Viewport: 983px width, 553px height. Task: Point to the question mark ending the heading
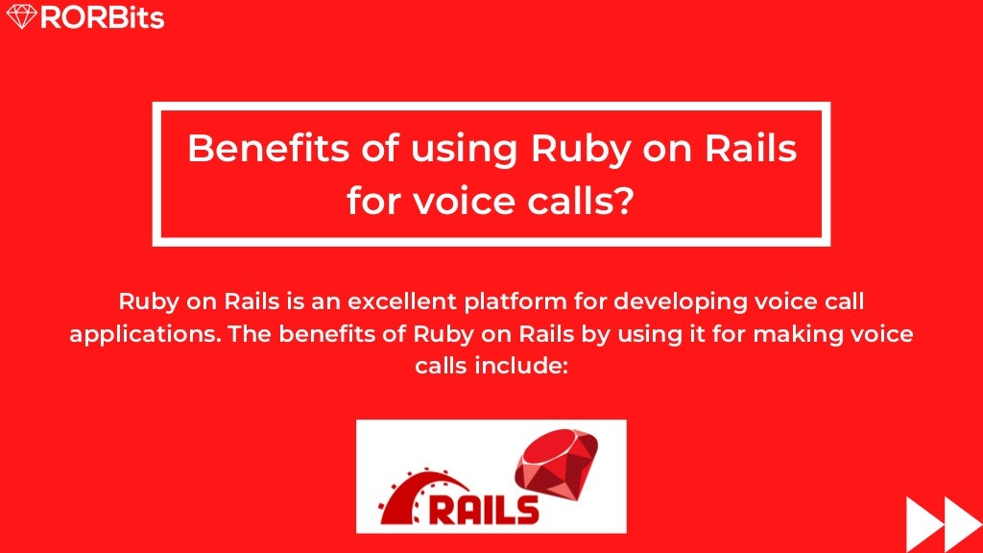point(625,201)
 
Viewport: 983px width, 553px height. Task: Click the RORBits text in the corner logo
point(102,17)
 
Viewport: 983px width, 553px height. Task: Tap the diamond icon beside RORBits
point(22,17)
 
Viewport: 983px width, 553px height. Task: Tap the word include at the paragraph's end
point(522,367)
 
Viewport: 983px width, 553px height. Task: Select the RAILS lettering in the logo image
point(483,507)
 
